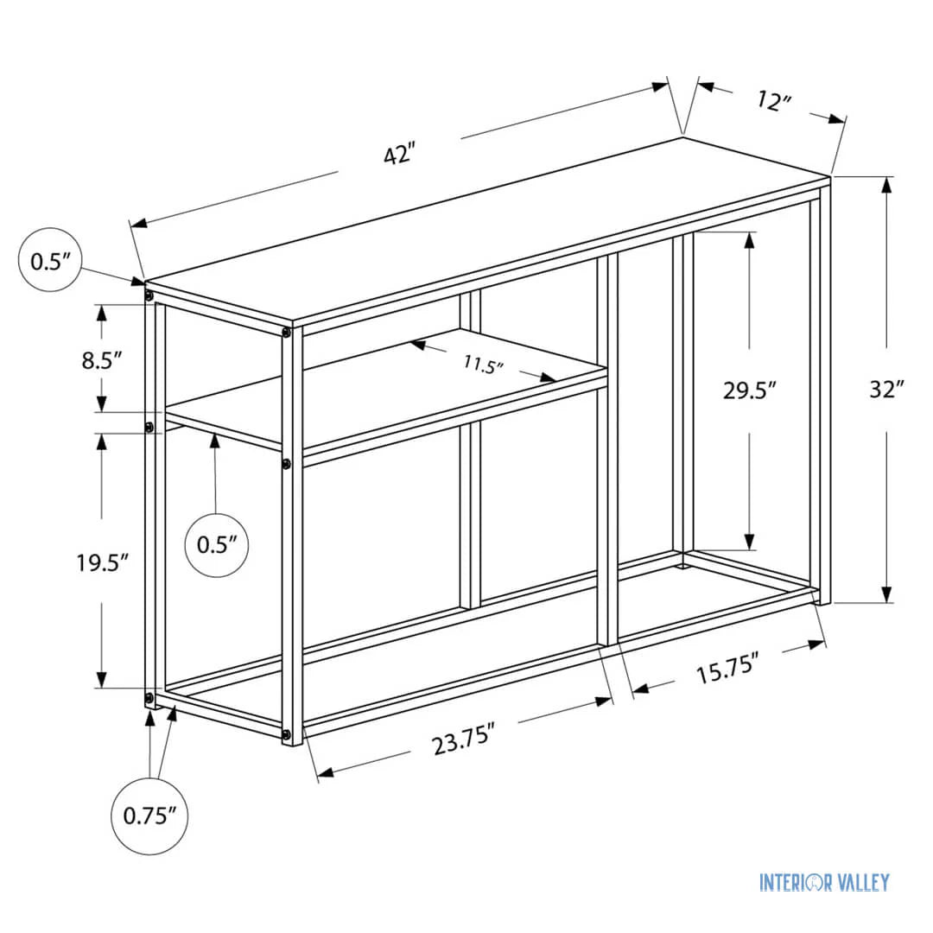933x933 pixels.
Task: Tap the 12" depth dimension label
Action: (x=775, y=101)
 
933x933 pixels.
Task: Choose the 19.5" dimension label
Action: (x=102, y=562)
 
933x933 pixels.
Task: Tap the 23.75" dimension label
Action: (x=464, y=741)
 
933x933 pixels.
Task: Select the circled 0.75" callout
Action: (x=149, y=816)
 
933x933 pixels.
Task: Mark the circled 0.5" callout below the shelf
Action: (x=217, y=544)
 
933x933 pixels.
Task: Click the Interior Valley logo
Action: (x=823, y=882)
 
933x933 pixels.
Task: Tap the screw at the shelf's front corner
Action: (x=286, y=465)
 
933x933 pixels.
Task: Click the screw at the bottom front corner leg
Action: (x=286, y=735)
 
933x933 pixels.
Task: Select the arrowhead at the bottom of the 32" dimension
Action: (x=886, y=593)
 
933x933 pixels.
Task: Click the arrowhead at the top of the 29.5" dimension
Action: (x=749, y=240)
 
